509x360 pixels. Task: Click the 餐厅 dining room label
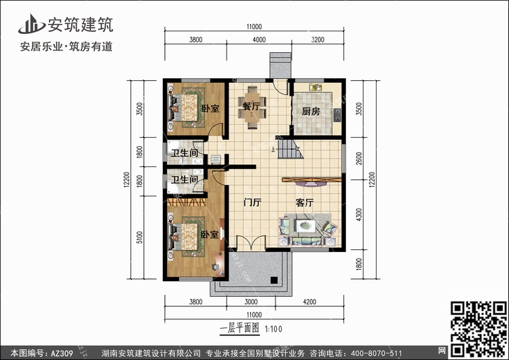[x=251, y=106]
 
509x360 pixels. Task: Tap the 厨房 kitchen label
[x=311, y=111]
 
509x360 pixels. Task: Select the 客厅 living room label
[x=305, y=202]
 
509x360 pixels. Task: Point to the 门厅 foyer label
[x=252, y=202]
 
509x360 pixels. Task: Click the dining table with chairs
[x=252, y=107]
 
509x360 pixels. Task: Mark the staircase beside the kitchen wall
[x=290, y=148]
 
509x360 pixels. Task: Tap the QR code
[x=478, y=329]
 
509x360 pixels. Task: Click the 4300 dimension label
[x=359, y=215]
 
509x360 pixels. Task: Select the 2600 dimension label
[x=359, y=158]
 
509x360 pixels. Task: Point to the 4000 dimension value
[x=259, y=39]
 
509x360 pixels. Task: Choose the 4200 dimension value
[x=309, y=302]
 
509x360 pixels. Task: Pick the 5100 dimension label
[x=139, y=238]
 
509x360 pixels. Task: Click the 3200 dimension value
[x=318, y=39]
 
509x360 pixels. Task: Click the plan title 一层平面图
[x=240, y=328]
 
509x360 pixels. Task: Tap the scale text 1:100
[x=274, y=329]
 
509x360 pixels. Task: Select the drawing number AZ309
[x=62, y=353]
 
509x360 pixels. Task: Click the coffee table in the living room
[x=305, y=226]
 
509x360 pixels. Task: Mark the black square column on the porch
[x=274, y=280]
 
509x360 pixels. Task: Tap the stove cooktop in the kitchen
[x=337, y=115]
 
